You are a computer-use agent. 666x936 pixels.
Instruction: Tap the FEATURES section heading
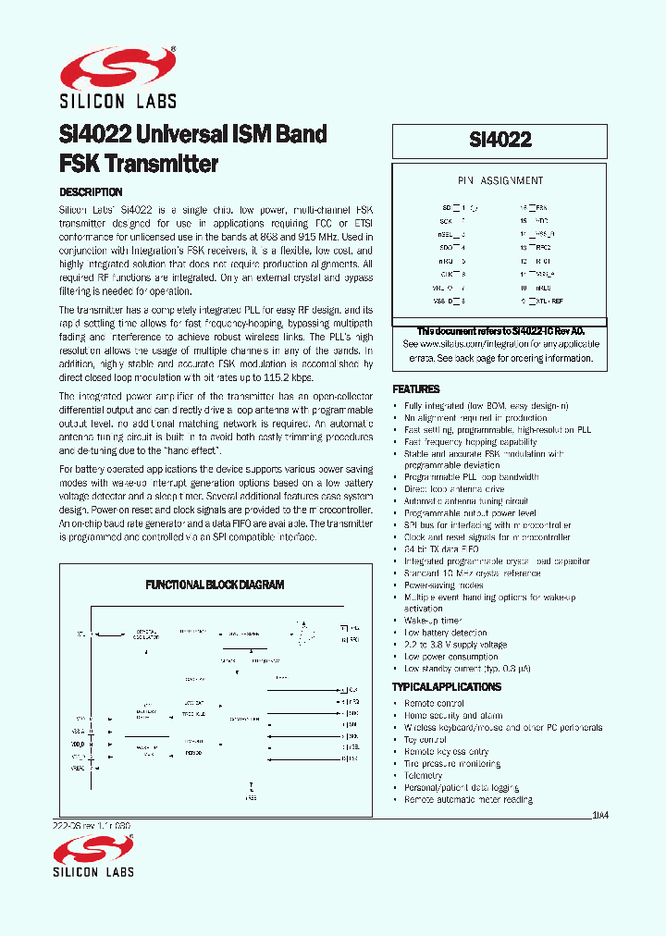pyautogui.click(x=416, y=389)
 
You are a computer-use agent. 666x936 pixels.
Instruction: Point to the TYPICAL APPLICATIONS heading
pyautogui.click(x=447, y=687)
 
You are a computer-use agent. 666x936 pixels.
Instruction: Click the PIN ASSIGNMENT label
pyautogui.click(x=500, y=181)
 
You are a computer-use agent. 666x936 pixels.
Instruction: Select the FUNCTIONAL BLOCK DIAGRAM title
pyautogui.click(x=215, y=585)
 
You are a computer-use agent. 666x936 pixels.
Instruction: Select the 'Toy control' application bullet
pyautogui.click(x=425, y=740)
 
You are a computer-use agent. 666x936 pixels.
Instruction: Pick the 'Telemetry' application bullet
pyautogui.click(x=424, y=776)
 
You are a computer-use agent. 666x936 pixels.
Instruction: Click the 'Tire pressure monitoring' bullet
pyautogui.click(x=452, y=764)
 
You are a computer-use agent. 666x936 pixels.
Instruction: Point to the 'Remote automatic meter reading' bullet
pyautogui.click(x=468, y=799)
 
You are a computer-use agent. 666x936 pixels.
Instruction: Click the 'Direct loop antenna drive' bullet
pyautogui.click(x=454, y=488)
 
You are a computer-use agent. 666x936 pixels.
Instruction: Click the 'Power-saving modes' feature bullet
pyautogui.click(x=444, y=585)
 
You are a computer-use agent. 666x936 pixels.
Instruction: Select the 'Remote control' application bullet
pyautogui.click(x=434, y=704)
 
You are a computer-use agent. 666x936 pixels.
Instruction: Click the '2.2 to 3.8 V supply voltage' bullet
pyautogui.click(x=456, y=645)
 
